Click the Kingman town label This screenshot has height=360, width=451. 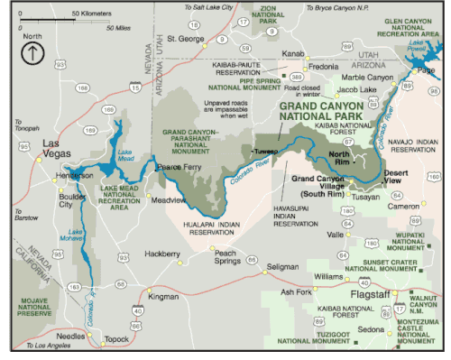point(163,296)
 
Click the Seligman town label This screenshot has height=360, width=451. point(281,267)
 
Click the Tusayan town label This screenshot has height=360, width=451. point(366,196)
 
